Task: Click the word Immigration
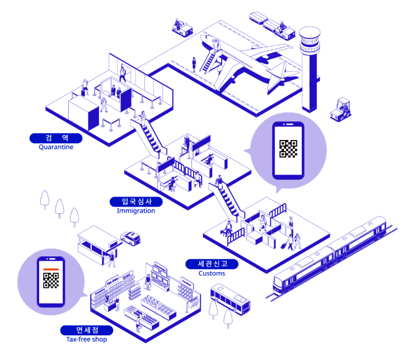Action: (136, 211)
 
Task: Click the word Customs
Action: (212, 273)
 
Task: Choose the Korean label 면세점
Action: (87, 330)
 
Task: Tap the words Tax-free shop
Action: (87, 339)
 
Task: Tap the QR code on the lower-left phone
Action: (51, 282)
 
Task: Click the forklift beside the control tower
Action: (340, 109)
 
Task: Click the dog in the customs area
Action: (226, 230)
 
